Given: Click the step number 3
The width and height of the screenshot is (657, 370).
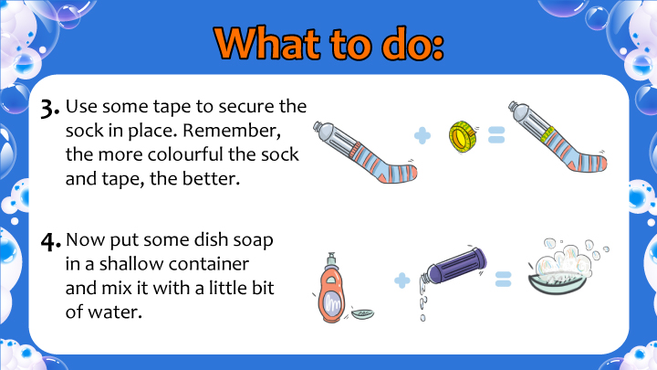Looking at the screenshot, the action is pos(49,109).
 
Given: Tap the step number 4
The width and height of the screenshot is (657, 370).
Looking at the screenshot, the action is pos(50,242).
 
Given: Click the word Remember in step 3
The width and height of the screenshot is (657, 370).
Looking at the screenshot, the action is pos(231,131).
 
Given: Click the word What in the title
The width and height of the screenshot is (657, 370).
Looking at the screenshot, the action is pos(266,45).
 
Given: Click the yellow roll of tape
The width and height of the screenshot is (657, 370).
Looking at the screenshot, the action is pos(463,136).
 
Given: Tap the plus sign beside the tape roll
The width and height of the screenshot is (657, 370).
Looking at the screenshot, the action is pos(422,136).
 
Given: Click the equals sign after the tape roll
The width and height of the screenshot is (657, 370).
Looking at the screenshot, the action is pos(496,135).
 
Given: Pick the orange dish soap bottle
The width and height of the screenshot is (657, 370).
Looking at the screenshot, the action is pos(331,289).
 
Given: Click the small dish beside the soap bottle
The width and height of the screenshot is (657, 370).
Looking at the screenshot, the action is pos(363,313).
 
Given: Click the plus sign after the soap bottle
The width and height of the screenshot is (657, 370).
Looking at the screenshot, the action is pos(402,280).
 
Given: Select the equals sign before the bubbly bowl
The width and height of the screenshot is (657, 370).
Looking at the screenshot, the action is pos(503,279).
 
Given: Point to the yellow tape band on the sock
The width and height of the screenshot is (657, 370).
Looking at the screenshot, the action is pos(547,134).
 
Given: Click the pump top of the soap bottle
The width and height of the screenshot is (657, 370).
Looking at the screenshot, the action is pos(331,258).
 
